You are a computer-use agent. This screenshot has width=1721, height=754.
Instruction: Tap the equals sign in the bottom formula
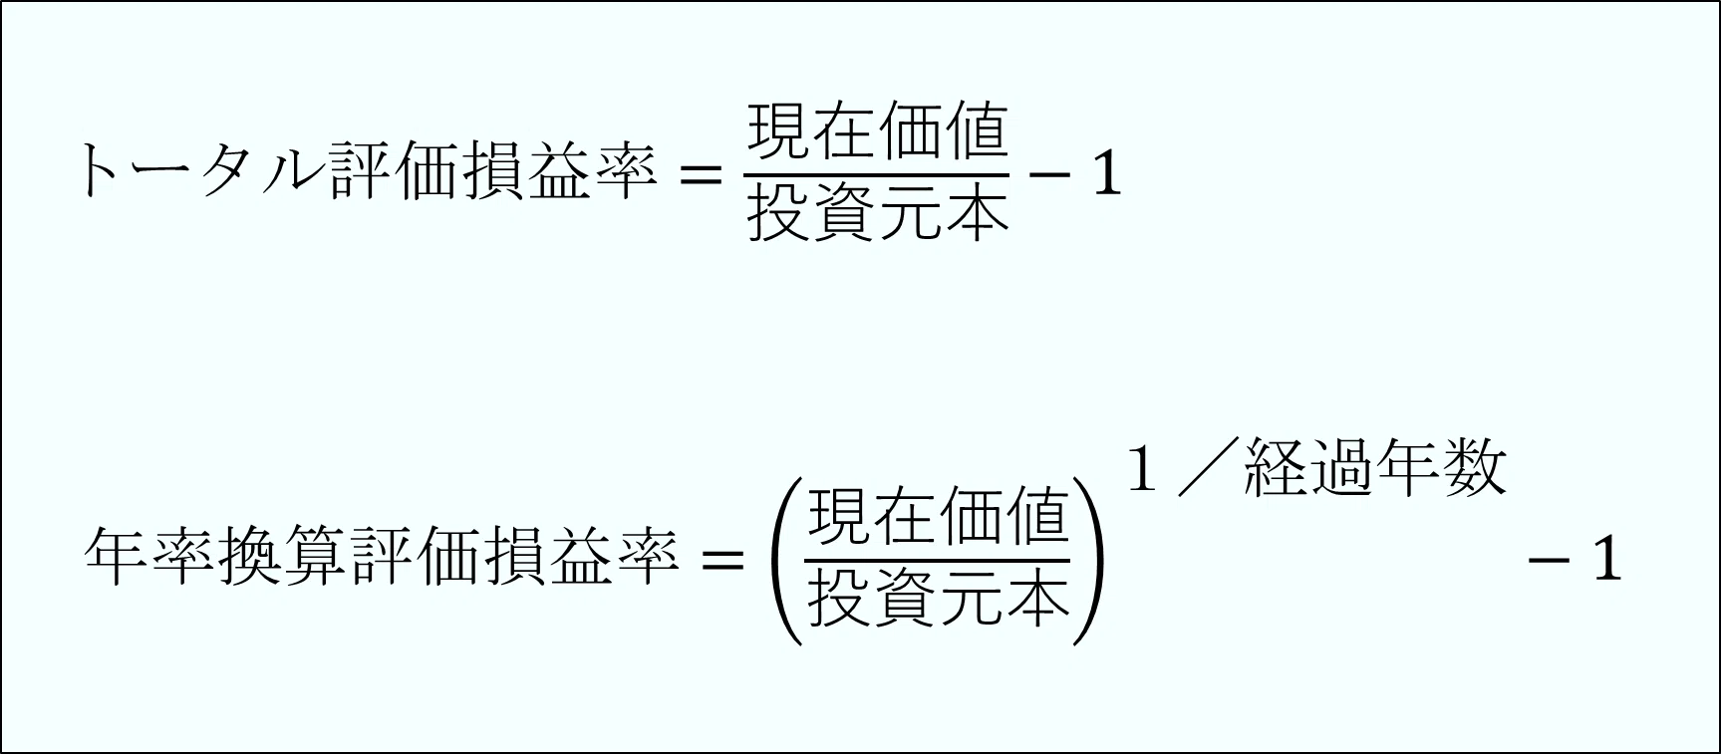coord(722,559)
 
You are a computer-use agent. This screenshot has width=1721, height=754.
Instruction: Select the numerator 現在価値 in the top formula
coord(877,132)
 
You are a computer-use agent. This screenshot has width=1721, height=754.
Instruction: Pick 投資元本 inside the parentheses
coord(938,598)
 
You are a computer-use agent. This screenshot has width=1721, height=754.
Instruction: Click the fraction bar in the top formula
coord(877,173)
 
